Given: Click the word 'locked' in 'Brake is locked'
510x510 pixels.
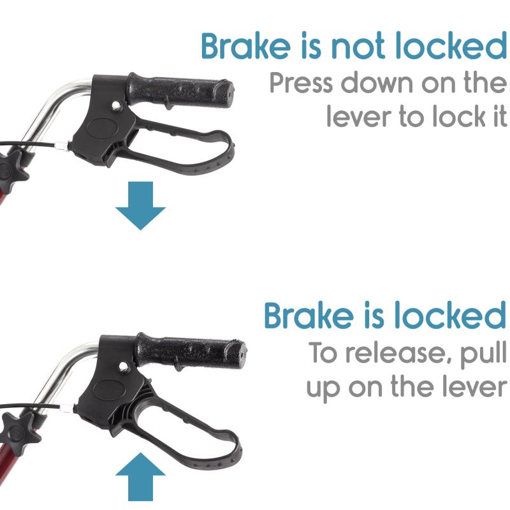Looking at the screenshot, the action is [x=449, y=316].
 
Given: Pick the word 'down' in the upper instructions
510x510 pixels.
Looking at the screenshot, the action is [x=377, y=84].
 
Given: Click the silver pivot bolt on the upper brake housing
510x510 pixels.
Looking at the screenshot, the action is [x=115, y=105].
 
